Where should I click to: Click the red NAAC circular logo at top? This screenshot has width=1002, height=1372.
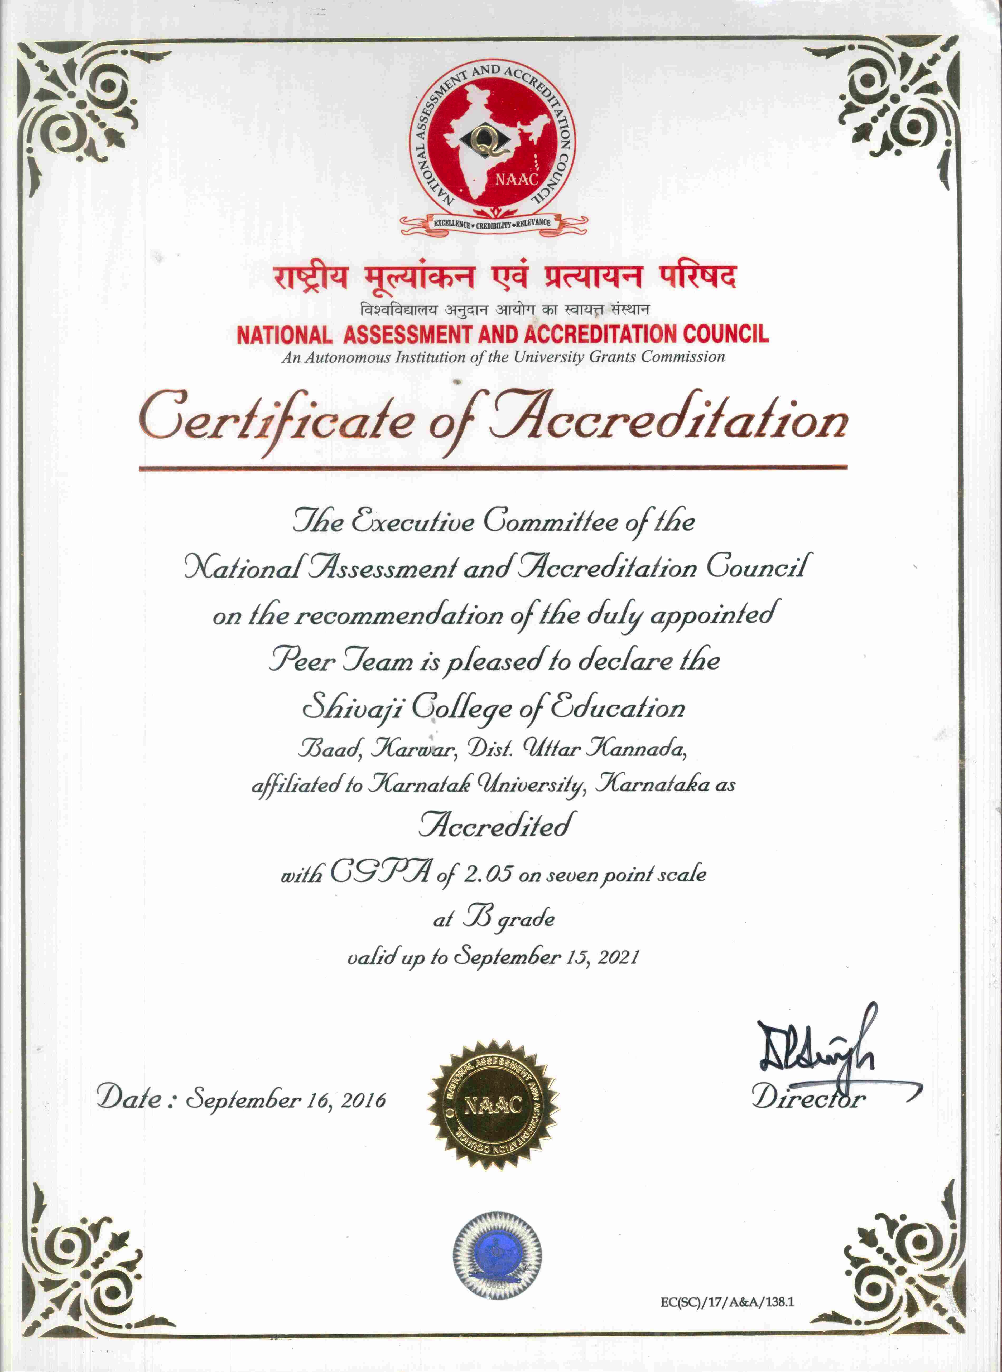point(493,143)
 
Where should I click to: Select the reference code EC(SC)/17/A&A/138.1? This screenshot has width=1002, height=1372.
point(727,1301)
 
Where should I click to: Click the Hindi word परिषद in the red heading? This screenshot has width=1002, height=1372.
point(697,278)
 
